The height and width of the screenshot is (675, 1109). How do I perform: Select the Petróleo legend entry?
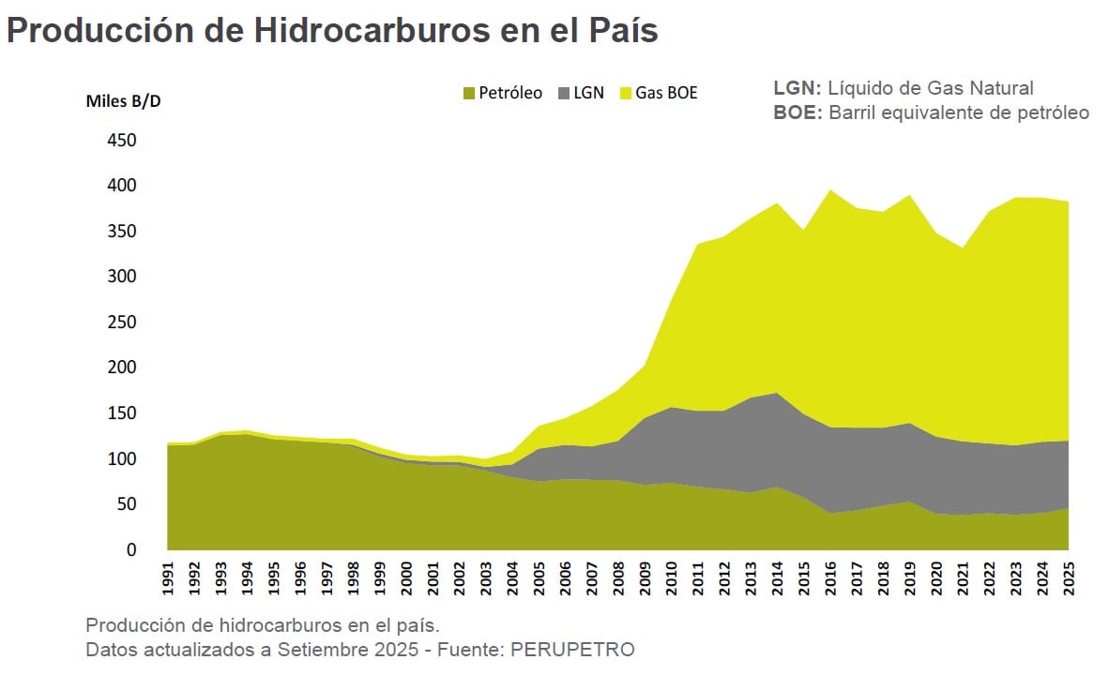click(x=502, y=93)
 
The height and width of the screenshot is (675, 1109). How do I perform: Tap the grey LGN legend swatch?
click(x=564, y=93)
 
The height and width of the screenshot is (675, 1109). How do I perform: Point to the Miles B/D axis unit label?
click(x=124, y=101)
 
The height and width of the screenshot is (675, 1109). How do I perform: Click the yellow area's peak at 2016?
click(x=830, y=190)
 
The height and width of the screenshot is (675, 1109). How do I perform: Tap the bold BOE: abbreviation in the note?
click(x=798, y=112)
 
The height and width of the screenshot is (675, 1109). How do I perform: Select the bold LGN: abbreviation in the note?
click(x=798, y=88)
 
